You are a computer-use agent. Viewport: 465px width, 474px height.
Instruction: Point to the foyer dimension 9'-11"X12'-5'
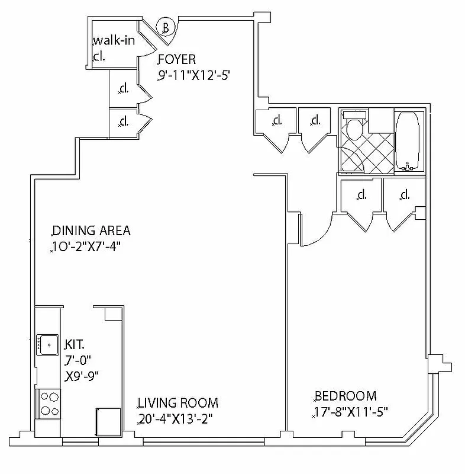[193, 76]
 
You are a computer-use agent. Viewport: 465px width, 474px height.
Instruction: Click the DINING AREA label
[91, 231]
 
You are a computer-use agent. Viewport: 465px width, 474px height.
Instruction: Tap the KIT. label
[75, 344]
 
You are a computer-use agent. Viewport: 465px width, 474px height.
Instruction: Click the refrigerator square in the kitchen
[108, 422]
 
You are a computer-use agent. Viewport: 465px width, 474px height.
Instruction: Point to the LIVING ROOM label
[178, 403]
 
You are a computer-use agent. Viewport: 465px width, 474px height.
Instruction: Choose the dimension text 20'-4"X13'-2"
[175, 419]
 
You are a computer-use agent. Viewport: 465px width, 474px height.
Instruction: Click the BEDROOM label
[345, 396]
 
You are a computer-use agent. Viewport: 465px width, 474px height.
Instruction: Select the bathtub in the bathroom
[407, 140]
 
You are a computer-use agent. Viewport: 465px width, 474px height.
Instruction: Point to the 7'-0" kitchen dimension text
[79, 360]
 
